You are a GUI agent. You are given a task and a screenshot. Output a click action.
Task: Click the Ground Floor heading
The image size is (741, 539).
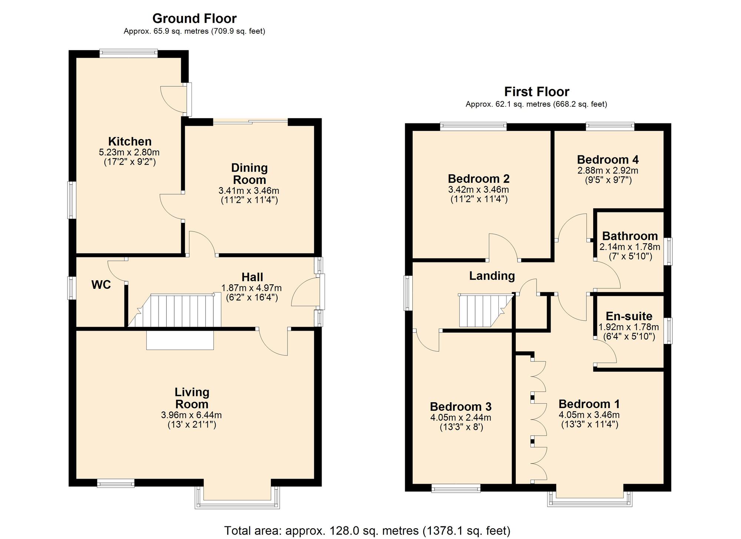[x=195, y=18]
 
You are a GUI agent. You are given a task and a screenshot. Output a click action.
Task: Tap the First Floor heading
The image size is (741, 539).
[x=536, y=91]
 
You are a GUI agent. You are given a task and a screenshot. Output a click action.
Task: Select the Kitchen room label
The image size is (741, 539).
[x=130, y=141]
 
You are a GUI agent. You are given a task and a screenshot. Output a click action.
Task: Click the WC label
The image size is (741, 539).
[x=101, y=285]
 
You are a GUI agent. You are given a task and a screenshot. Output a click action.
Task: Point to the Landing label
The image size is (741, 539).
[x=492, y=276]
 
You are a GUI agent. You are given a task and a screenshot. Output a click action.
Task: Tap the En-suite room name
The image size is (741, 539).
[x=629, y=316]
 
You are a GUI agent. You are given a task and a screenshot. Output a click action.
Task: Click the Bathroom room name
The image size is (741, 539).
[x=630, y=236]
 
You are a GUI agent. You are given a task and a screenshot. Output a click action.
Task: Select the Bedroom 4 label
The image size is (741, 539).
[x=608, y=160]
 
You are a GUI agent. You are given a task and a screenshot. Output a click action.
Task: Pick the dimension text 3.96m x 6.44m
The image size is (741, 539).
[x=192, y=415]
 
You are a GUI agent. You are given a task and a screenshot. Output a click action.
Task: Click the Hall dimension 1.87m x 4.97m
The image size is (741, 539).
[x=252, y=288]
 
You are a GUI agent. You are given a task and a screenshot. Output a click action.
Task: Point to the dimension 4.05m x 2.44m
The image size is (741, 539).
[x=461, y=417]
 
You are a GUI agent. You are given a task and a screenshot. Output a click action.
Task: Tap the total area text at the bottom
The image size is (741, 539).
[x=367, y=530]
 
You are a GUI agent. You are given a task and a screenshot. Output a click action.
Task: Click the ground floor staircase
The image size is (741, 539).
[x=174, y=311]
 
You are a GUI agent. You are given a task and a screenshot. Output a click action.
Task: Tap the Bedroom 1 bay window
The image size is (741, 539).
[x=590, y=499]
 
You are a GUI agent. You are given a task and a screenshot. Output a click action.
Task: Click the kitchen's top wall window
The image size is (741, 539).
[x=129, y=53]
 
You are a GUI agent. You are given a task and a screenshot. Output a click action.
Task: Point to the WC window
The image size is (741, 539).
[x=72, y=288]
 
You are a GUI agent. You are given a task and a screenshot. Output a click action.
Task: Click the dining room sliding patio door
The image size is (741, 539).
[x=250, y=120]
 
